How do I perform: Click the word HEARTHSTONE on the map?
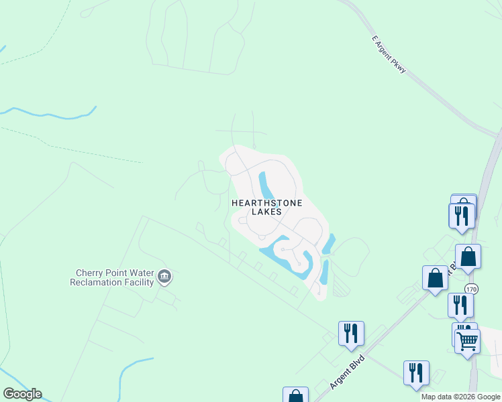point(267,202)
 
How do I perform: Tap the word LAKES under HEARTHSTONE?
point(266,212)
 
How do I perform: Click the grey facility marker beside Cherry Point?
point(164,276)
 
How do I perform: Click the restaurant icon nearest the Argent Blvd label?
point(350,333)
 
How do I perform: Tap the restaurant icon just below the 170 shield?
point(460,304)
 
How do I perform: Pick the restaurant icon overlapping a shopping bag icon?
point(461,215)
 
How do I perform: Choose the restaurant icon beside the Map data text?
point(416,373)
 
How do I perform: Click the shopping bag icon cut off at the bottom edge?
point(295,395)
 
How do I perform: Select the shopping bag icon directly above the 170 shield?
point(468,257)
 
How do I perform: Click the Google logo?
point(22,394)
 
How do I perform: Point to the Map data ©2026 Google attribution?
point(461,397)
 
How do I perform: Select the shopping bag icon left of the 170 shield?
point(435,277)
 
